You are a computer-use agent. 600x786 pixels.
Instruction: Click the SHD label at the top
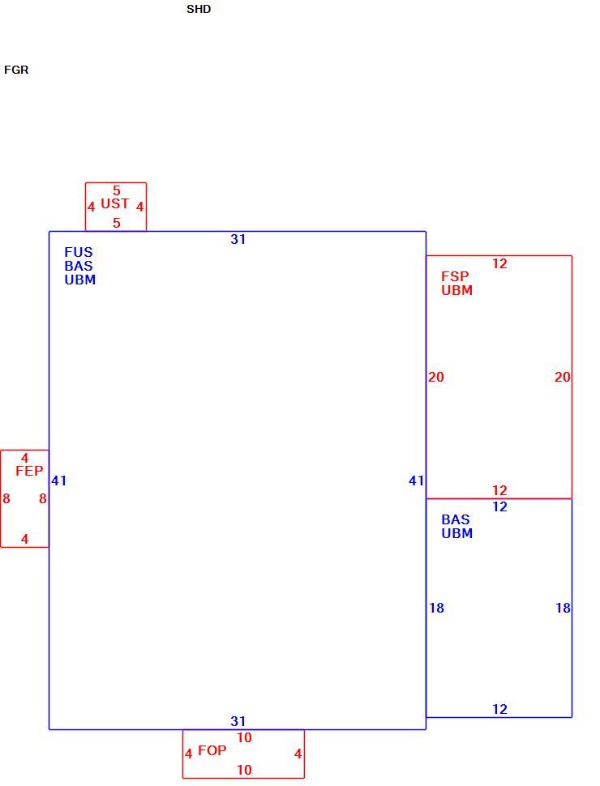tap(199, 9)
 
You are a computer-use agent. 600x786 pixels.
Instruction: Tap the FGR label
tap(16, 70)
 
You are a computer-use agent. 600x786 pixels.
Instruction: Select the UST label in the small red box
tap(115, 203)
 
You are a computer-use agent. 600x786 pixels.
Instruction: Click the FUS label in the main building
tap(79, 252)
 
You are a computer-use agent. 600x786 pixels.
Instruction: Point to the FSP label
tap(455, 276)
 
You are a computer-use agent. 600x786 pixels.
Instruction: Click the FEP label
tap(30, 471)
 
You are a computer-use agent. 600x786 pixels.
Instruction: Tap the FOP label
tap(212, 750)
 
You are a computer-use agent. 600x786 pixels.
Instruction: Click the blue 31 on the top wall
tap(238, 239)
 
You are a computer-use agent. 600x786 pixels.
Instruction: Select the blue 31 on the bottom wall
tap(238, 721)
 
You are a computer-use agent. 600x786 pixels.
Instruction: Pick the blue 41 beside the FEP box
tap(58, 481)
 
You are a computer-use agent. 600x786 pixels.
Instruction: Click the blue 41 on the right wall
tap(417, 481)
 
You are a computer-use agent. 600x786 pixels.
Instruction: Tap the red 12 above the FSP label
tap(499, 263)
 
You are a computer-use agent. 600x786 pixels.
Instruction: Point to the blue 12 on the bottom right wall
tap(499, 709)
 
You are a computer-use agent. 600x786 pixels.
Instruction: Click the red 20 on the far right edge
tap(563, 377)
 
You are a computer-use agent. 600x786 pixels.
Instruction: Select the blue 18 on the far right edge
tap(563, 608)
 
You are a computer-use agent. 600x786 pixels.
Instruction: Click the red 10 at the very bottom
tap(244, 770)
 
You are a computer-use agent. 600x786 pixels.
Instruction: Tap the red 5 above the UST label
tap(117, 190)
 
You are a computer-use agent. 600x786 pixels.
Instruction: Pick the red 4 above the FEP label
tap(24, 458)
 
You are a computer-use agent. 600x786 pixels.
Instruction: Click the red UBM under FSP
tap(457, 290)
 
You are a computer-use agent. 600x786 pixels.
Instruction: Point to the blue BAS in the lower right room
tap(456, 519)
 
